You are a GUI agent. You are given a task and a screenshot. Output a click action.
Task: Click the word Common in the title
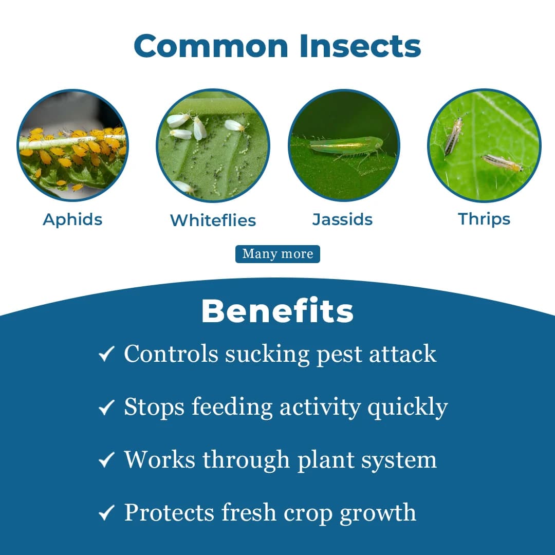click(211, 46)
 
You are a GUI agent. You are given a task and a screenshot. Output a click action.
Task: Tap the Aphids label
click(72, 219)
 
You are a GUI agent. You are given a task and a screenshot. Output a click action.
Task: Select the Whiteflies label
click(213, 220)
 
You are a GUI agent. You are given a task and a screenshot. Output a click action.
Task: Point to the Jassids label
click(342, 219)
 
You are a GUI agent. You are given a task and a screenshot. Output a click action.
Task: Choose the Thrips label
click(484, 219)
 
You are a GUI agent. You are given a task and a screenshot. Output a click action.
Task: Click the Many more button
click(277, 254)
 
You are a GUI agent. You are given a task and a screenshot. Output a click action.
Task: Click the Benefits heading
click(277, 311)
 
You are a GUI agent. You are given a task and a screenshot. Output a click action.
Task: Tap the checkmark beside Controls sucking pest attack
click(106, 354)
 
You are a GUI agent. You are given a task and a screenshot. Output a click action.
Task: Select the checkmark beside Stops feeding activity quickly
click(106, 408)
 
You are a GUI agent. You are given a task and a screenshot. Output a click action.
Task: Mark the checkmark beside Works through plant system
click(106, 460)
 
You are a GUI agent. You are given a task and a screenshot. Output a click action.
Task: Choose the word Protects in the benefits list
click(169, 513)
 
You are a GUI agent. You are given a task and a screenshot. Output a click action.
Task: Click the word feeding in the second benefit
click(232, 407)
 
